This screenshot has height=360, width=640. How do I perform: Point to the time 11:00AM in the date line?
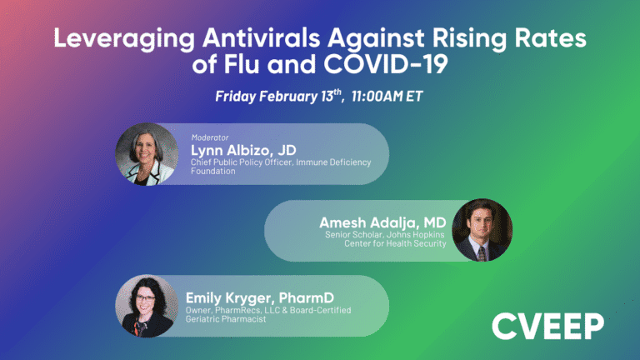(377, 96)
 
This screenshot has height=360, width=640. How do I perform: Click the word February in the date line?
(288, 96)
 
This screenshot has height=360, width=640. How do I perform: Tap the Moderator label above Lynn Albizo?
(210, 137)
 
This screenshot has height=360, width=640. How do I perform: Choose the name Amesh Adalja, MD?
(382, 222)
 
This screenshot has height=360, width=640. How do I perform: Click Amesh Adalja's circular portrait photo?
(480, 230)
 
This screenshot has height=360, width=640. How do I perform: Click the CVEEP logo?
(547, 325)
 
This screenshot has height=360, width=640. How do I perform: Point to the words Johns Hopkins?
(417, 234)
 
